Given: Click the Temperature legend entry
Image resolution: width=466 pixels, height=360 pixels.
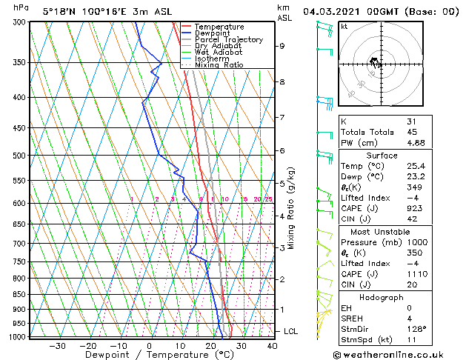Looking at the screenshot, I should [219, 27].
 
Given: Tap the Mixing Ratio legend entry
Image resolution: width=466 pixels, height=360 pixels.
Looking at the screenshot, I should [219, 65].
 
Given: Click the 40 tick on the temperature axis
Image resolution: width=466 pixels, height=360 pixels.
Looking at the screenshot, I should [272, 345].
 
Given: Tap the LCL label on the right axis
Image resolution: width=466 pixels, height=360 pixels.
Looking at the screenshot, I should [290, 331].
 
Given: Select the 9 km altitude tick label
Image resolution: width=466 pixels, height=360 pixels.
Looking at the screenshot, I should [282, 46].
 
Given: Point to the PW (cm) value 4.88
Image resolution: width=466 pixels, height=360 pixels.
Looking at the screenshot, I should [415, 143].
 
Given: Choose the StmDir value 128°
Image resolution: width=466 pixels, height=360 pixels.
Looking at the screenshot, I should [416, 329].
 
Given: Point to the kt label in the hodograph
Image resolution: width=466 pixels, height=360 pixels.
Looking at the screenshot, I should [344, 27].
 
